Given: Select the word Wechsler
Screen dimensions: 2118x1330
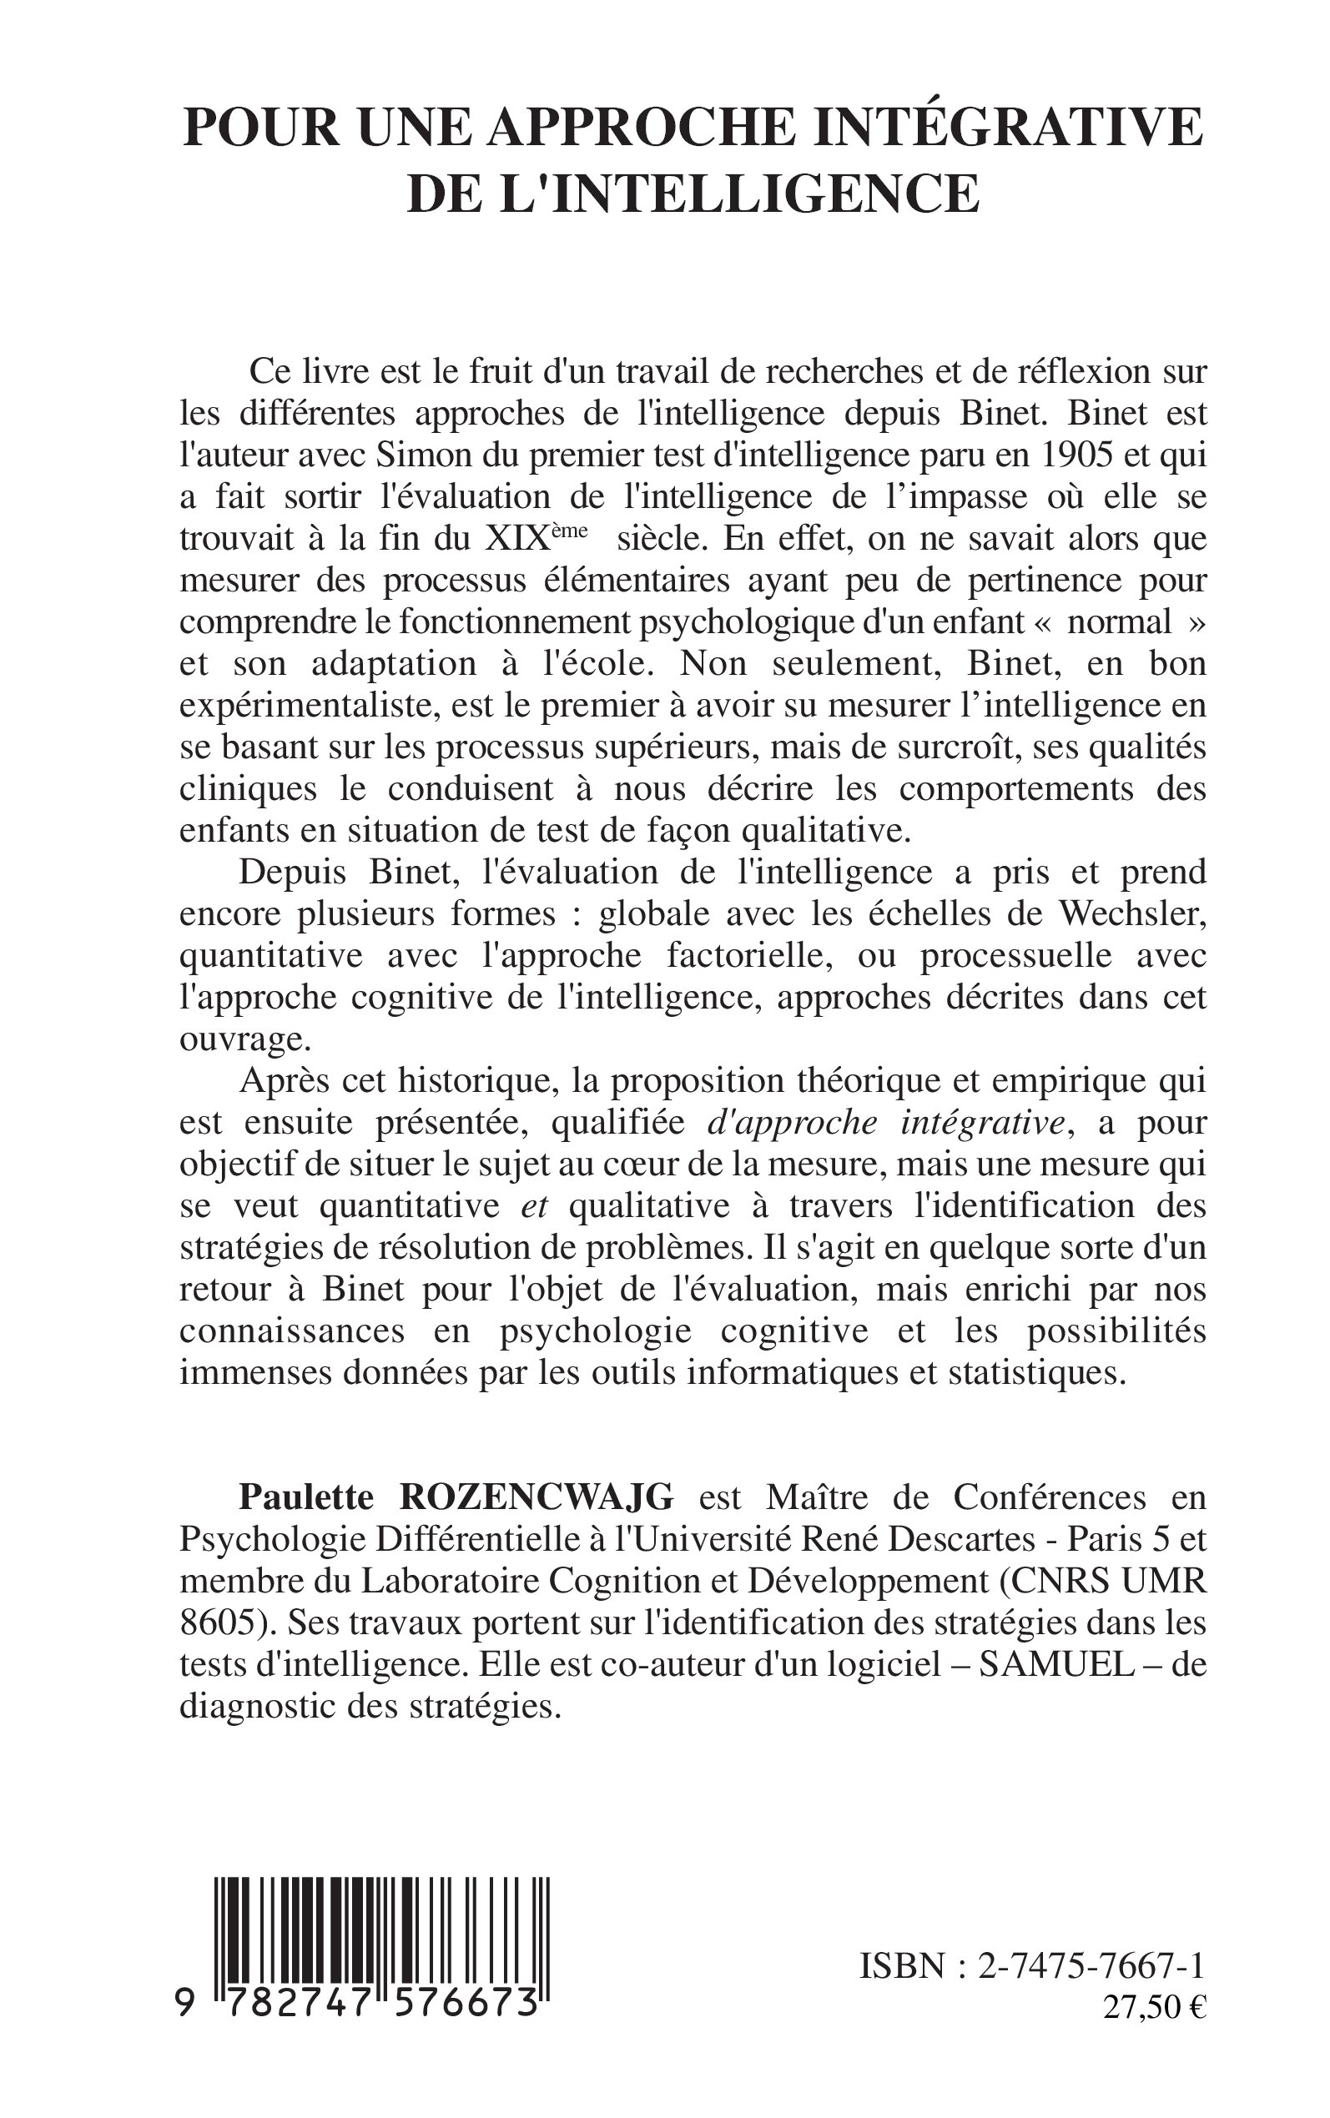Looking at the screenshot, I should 1131,914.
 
